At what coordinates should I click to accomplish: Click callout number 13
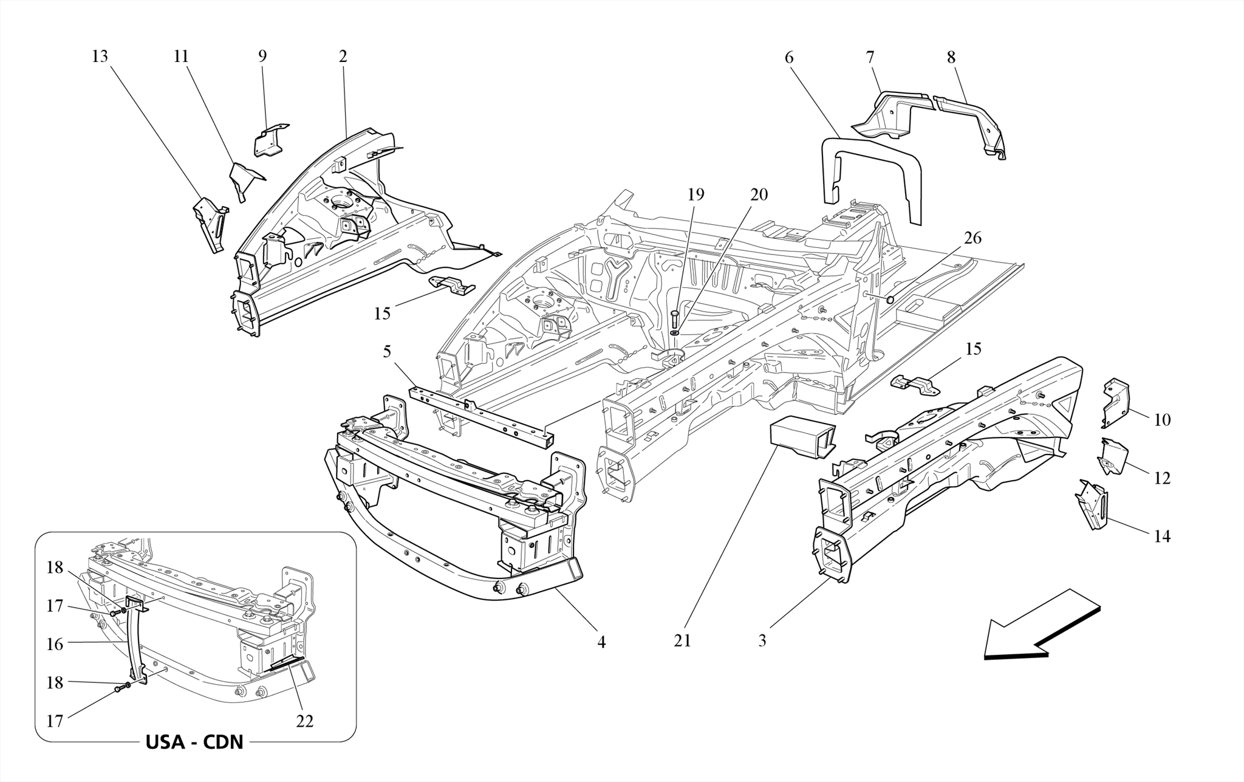[100, 57]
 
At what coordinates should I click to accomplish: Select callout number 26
[972, 238]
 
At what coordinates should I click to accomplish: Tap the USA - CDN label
[194, 742]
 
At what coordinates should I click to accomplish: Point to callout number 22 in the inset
[304, 721]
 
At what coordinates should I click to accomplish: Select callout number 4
[601, 642]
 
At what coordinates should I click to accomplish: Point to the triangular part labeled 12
[1112, 456]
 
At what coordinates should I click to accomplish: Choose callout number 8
[951, 57]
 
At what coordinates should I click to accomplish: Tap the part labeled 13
[210, 224]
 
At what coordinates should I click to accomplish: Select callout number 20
[759, 194]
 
